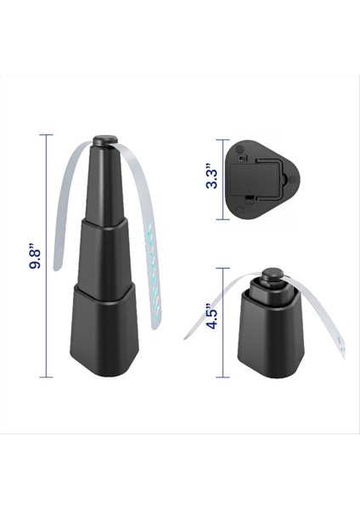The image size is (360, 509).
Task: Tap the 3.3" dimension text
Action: (212, 178)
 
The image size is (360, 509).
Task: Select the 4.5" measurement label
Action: (212, 322)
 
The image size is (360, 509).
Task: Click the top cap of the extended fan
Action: (106, 137)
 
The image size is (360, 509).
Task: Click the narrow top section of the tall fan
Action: (105, 182)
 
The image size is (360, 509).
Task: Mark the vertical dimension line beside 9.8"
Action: (49, 255)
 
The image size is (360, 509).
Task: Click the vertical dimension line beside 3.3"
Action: (225, 179)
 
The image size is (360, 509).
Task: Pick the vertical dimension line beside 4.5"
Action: (225, 322)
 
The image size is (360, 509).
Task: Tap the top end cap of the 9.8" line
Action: (49, 135)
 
